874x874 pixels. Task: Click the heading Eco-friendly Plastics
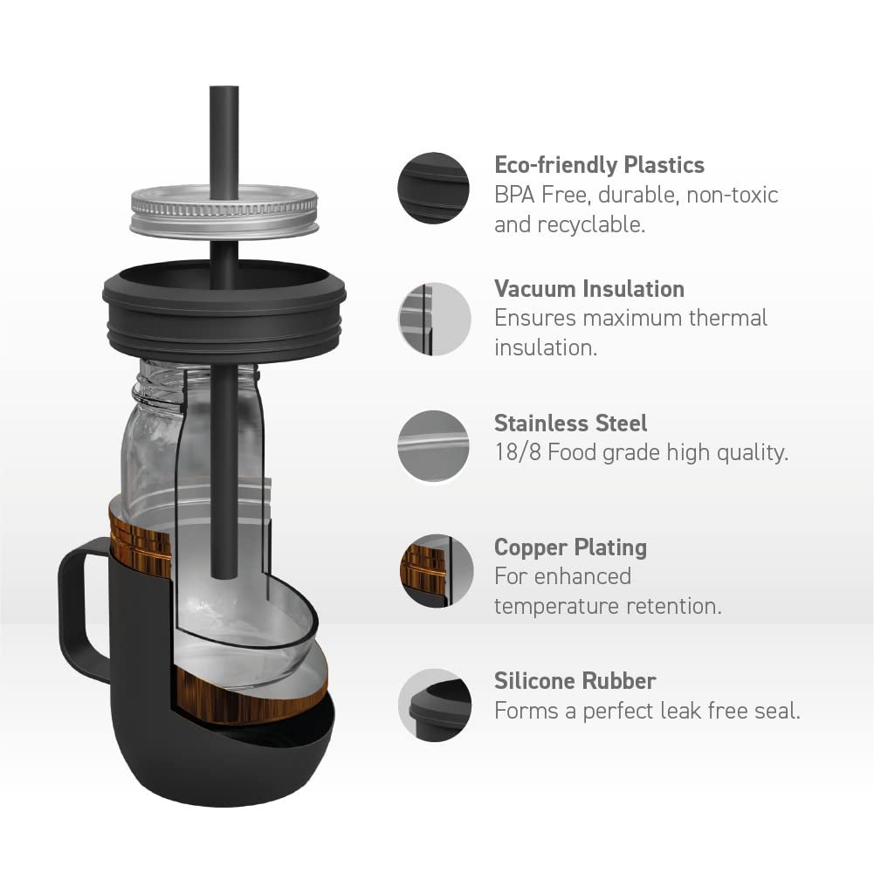click(x=599, y=165)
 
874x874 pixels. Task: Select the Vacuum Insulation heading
click(x=589, y=289)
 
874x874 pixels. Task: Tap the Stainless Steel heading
click(x=571, y=423)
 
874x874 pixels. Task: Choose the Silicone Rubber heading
click(x=575, y=681)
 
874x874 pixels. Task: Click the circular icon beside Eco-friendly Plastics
click(x=434, y=189)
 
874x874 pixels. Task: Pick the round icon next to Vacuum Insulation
click(x=434, y=318)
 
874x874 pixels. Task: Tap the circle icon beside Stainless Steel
click(x=434, y=447)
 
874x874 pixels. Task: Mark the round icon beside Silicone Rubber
click(x=435, y=705)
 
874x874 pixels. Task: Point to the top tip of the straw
click(x=224, y=89)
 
